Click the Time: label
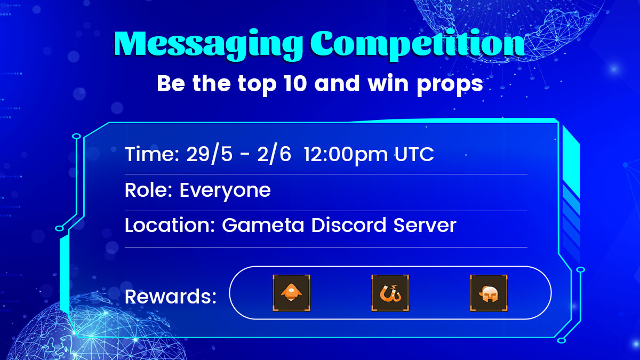click(152, 155)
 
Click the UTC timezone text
click(414, 155)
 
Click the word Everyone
click(225, 191)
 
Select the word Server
click(425, 225)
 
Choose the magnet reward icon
click(390, 293)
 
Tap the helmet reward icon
click(489, 293)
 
